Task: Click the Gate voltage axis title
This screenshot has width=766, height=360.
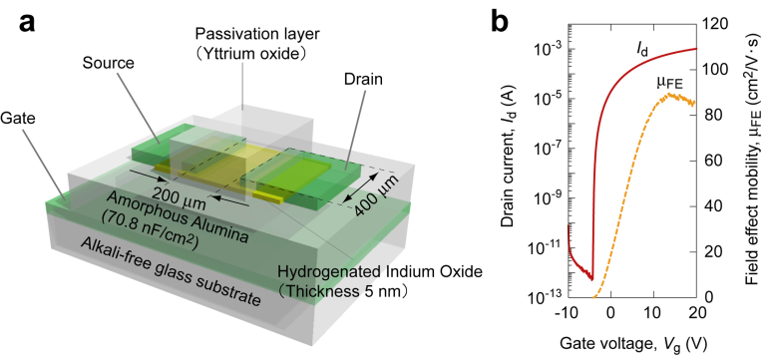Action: [x=632, y=342]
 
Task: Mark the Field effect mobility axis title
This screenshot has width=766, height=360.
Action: [x=752, y=170]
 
